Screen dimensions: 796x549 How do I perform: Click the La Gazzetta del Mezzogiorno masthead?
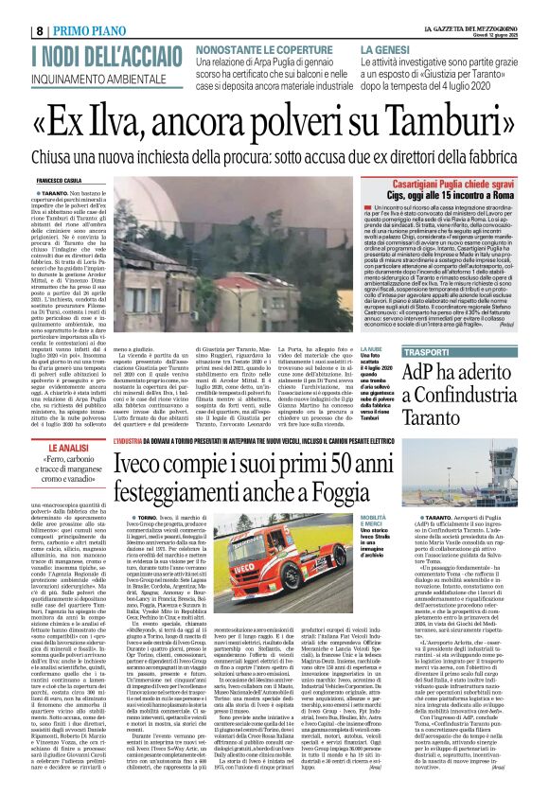(x=491, y=7)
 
